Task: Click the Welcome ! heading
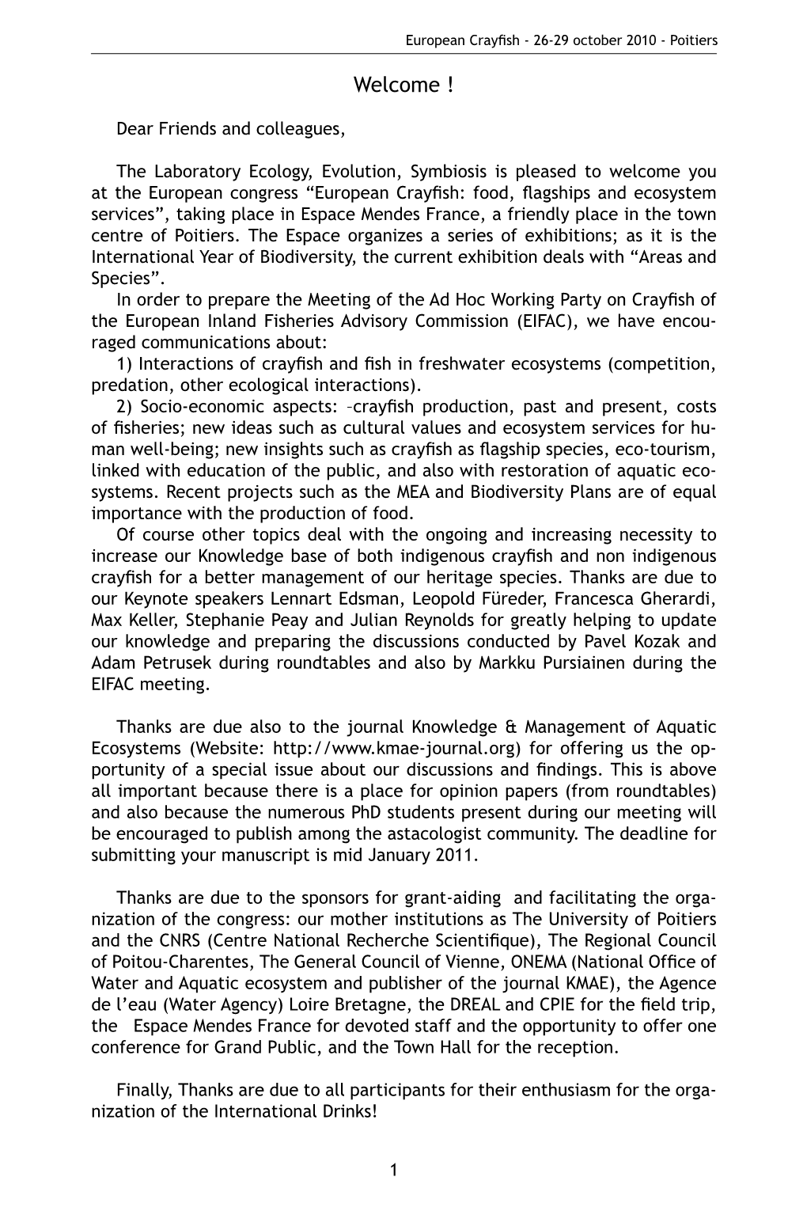(x=403, y=85)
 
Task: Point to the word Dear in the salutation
(x=132, y=128)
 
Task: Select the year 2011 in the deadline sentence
(x=460, y=856)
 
